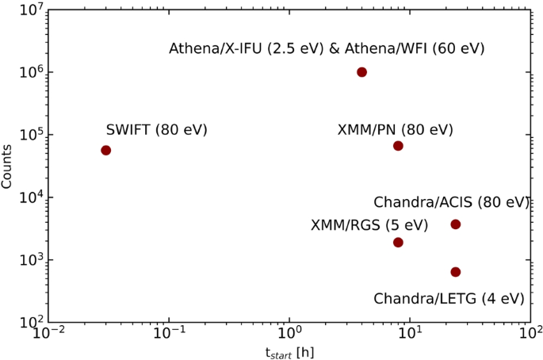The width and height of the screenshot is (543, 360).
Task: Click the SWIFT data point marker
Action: [x=105, y=151]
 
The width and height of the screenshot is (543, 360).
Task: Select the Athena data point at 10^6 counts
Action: [x=362, y=72]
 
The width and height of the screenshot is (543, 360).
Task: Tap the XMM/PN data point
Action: [x=398, y=146]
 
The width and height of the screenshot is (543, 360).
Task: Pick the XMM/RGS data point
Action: [x=398, y=242]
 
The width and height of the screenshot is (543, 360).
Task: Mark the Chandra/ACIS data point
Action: [x=456, y=224]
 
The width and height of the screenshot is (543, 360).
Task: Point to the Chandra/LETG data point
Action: [x=456, y=272]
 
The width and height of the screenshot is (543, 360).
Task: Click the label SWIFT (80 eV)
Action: [x=157, y=129]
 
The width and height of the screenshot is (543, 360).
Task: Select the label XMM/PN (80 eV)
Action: [x=395, y=129]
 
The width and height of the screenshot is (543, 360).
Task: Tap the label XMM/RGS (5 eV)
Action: [x=369, y=226]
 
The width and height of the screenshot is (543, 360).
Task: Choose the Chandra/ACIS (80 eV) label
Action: [x=451, y=202]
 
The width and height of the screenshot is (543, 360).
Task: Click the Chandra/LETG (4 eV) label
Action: [x=449, y=299]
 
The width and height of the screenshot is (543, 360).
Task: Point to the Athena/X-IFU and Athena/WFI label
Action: [x=327, y=49]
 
